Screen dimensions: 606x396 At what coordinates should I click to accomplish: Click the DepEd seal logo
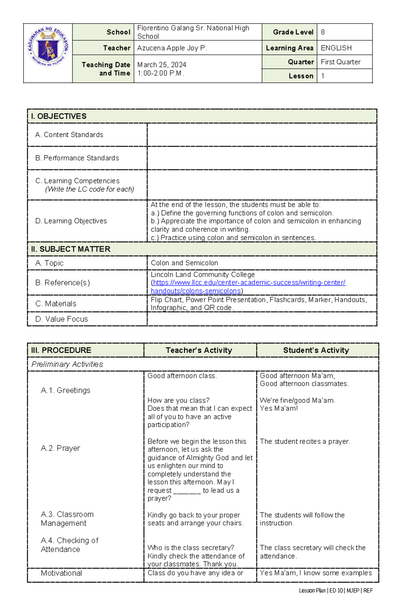(48, 47)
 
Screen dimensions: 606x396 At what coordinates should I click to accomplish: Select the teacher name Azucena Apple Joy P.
(172, 48)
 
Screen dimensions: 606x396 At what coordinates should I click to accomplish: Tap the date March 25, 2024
(161, 65)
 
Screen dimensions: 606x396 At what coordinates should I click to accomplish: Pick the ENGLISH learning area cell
(336, 48)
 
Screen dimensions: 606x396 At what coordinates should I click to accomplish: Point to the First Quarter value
(340, 62)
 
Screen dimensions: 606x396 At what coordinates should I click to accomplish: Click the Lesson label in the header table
(301, 76)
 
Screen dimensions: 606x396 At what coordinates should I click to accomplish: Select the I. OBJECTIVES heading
(59, 116)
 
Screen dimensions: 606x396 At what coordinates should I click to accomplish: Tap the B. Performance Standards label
(77, 158)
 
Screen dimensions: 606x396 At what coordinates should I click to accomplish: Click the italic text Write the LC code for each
(89, 189)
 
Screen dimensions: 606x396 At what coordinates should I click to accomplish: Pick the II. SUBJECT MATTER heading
(71, 249)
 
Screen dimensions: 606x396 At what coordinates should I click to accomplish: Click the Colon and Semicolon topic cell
(184, 263)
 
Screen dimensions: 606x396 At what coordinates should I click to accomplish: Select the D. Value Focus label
(62, 319)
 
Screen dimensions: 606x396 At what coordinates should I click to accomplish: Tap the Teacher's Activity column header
(199, 350)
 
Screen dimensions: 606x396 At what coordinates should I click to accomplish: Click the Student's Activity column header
(316, 350)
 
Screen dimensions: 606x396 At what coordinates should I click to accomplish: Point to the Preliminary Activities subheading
(67, 364)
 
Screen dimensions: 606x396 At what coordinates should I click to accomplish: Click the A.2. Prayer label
(60, 448)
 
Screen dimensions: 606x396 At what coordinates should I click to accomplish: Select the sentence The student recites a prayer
(305, 442)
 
